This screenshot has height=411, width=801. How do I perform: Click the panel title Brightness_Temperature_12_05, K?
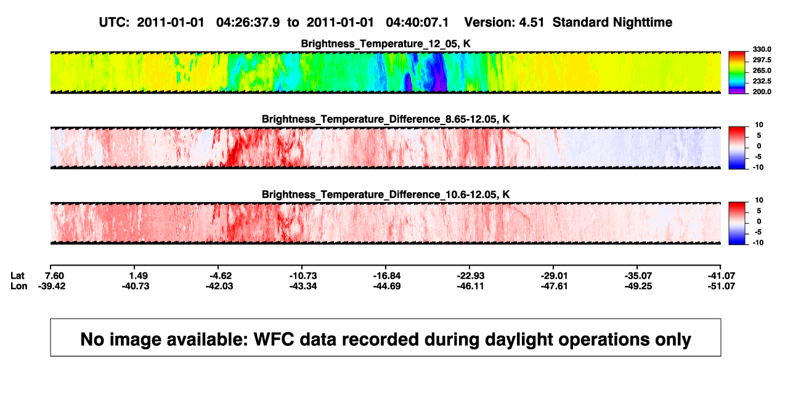coord(386,44)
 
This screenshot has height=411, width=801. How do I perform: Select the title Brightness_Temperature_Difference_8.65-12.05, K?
coord(386,119)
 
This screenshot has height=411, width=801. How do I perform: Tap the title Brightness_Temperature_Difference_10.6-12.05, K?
coord(386,195)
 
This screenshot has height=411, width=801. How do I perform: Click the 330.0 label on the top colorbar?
coord(762,49)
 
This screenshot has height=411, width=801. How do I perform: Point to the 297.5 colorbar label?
coord(762,60)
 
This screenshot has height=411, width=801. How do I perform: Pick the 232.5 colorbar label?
coord(762,81)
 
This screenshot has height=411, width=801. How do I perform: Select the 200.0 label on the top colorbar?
coord(762,92)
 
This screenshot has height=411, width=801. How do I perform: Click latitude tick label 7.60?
coord(54,276)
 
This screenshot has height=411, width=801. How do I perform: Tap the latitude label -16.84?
coord(387,276)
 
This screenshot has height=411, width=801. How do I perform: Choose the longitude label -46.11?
coord(470,286)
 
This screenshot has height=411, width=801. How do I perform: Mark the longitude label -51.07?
coord(722,286)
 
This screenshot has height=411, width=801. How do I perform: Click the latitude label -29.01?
coord(555,276)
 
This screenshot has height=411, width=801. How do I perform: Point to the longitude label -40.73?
coord(136,286)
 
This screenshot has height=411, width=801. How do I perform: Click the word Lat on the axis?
coord(17,276)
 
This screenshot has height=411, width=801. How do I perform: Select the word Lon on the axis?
coord(19,286)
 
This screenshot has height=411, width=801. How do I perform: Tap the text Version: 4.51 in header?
coord(504,23)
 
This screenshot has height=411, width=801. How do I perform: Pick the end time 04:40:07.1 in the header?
coord(417,23)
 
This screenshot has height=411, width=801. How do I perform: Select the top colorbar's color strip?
coord(737,73)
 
